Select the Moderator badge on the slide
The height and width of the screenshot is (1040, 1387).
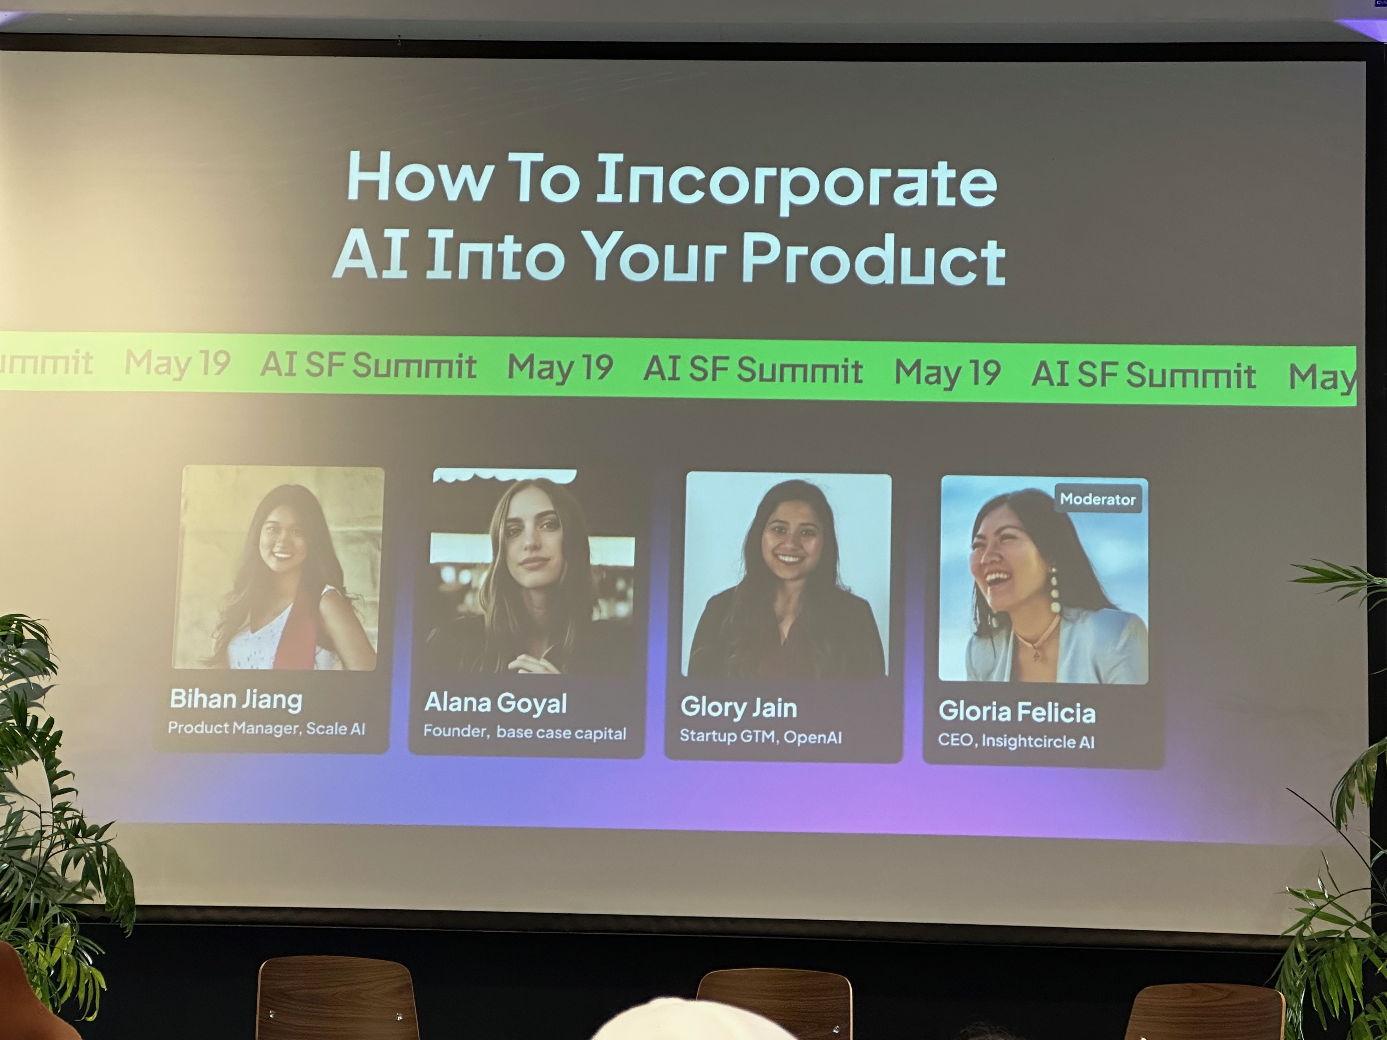(x=1098, y=499)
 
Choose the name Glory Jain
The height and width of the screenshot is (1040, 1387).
(x=739, y=707)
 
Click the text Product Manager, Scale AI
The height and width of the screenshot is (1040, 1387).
(x=267, y=728)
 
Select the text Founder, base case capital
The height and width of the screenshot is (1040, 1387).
(x=524, y=732)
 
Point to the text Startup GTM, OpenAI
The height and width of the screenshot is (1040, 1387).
(x=761, y=737)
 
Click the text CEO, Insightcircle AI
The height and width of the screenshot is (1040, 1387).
(x=1016, y=741)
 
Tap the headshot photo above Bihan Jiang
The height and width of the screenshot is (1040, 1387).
(x=278, y=568)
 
